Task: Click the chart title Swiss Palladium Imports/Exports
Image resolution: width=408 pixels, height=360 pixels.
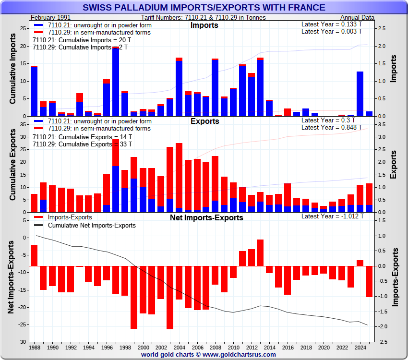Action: point(204,8)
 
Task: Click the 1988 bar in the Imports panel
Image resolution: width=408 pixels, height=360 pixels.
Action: point(34,91)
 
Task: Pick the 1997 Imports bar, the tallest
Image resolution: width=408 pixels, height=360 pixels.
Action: point(116,82)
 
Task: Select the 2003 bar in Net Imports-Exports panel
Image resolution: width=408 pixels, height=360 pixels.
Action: point(170,298)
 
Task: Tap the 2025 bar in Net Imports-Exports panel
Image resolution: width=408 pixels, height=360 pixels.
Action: point(369,281)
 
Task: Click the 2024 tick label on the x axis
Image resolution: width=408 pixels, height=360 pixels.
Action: point(360,347)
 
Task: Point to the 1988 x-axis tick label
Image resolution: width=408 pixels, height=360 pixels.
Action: point(35,347)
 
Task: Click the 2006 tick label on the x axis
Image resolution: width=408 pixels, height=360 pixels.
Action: point(197,347)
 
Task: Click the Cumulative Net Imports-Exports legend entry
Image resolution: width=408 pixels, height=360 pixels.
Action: point(92,225)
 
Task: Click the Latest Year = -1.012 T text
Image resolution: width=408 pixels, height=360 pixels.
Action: point(332,216)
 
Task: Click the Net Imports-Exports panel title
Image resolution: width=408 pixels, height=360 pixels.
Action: point(207,217)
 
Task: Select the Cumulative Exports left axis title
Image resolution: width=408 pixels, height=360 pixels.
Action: point(13,166)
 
